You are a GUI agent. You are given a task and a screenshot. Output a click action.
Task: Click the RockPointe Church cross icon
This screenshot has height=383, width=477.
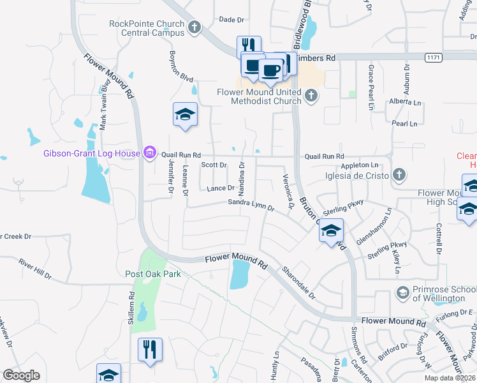point(194,28)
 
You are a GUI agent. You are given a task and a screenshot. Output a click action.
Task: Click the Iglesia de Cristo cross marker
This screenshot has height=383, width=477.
point(399,174)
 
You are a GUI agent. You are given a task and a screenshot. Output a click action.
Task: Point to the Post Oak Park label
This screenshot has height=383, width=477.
point(153,274)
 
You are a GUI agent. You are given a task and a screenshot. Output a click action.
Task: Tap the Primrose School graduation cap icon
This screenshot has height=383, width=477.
point(402,293)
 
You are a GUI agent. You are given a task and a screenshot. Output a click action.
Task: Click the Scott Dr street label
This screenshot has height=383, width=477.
point(214,165)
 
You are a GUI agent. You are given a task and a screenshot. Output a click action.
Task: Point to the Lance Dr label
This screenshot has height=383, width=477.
point(221,188)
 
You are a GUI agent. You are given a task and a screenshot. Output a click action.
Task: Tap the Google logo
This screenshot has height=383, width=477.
point(21,375)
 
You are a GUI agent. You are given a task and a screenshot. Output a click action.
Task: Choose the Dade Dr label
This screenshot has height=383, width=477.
point(231,20)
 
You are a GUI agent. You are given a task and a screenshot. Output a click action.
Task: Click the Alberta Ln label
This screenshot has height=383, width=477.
point(406,102)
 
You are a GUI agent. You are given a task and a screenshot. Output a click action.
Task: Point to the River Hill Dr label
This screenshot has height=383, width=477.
point(35,269)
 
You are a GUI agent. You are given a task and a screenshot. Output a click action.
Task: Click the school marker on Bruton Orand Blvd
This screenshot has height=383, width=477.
point(331,230)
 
